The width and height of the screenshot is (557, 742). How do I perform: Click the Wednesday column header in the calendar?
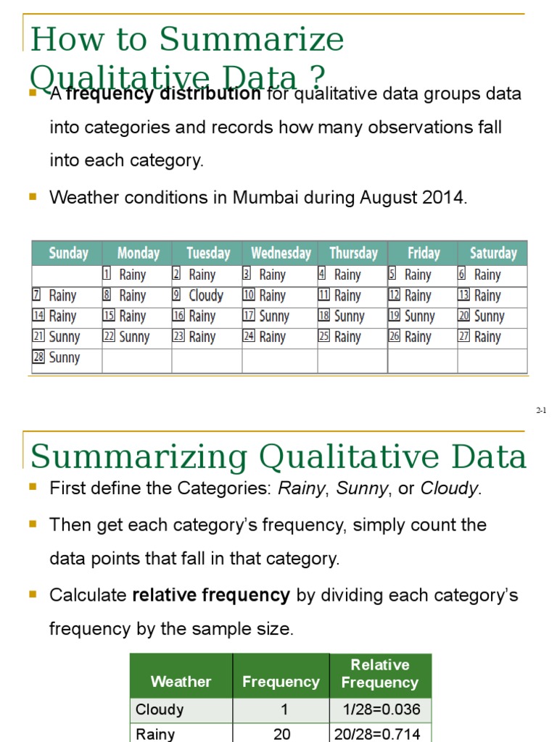pos(281,253)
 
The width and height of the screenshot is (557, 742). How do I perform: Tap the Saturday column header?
pos(493,253)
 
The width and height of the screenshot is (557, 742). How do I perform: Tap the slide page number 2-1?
pos(541,411)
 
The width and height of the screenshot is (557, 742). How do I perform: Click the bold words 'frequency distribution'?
pos(163,94)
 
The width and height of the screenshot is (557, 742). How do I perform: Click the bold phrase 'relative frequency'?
pos(211,596)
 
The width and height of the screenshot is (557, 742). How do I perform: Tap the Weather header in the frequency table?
pos(181,681)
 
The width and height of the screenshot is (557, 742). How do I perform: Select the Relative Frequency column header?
pos(380,673)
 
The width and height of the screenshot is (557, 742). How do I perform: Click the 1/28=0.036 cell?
pos(380,709)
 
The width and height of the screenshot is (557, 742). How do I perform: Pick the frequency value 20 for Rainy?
pos(281,734)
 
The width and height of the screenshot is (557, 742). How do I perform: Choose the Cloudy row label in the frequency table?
pos(160,709)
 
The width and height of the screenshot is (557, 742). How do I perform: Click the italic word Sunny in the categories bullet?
pos(366,488)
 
